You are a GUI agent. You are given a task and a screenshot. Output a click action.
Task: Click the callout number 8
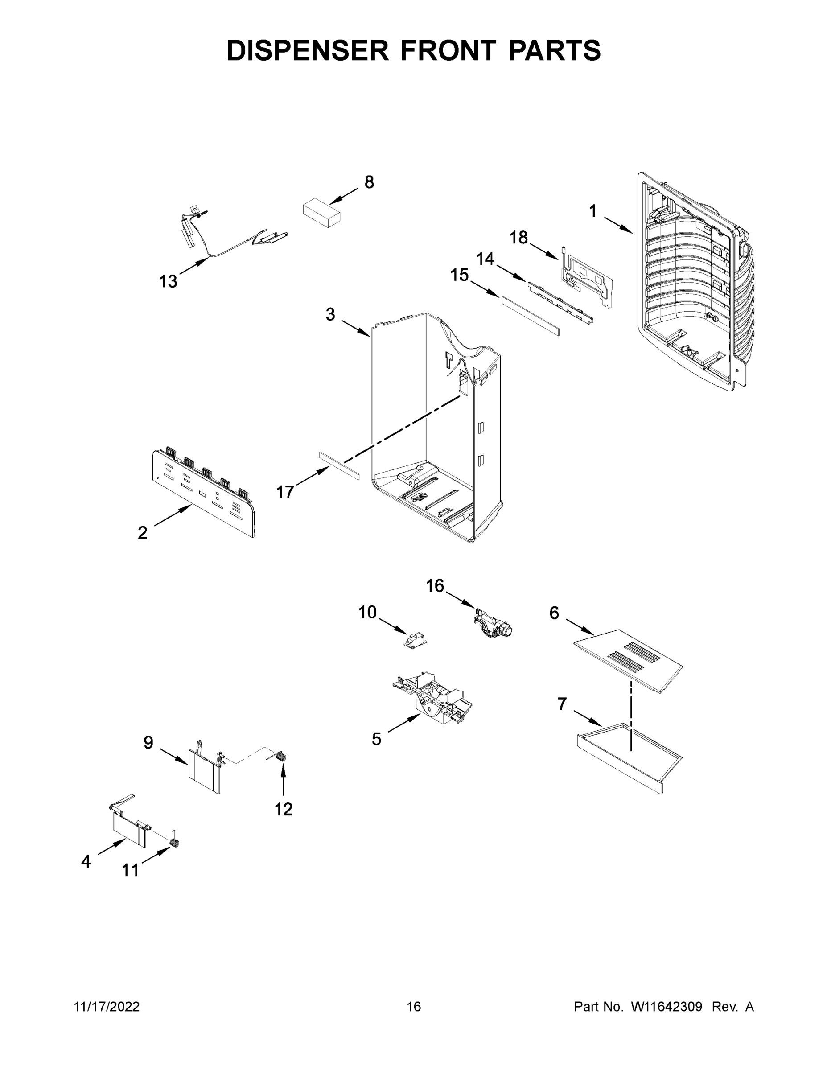click(x=369, y=182)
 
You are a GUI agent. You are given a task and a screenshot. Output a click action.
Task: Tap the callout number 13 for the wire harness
click(x=168, y=282)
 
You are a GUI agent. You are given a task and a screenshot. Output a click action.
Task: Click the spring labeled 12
click(x=281, y=757)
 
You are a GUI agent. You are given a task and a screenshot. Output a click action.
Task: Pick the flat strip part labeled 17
click(x=339, y=466)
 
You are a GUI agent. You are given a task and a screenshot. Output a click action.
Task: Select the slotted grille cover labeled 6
click(x=628, y=660)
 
